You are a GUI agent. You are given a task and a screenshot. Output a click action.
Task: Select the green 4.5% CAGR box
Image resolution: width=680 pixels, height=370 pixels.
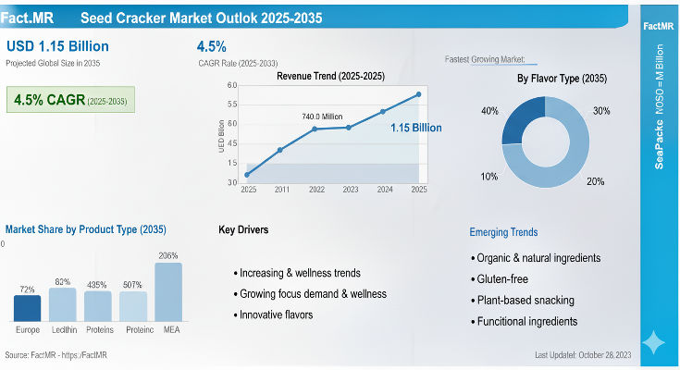(70, 100)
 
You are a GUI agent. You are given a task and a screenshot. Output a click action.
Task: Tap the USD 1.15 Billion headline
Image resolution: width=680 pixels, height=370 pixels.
(57, 46)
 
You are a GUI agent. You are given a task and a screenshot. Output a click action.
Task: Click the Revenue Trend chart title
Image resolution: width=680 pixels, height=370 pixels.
(330, 76)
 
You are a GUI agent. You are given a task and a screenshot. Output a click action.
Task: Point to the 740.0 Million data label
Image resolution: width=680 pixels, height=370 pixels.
(321, 117)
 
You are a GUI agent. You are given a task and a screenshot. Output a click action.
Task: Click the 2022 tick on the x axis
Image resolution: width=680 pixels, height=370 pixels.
(316, 189)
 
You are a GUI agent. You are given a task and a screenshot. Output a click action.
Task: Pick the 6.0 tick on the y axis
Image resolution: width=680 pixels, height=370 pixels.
(232, 85)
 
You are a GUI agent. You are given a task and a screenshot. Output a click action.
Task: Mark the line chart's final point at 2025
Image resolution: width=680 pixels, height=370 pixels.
(418, 94)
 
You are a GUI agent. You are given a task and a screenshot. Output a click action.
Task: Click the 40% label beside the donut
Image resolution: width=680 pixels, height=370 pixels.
(489, 112)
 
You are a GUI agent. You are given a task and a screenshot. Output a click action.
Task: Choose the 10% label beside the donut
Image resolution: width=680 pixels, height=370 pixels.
(489, 176)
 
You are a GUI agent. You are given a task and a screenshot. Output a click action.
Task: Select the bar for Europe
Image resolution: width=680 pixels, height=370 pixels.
(28, 307)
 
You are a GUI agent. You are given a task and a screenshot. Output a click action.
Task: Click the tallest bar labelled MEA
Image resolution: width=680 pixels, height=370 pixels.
(168, 291)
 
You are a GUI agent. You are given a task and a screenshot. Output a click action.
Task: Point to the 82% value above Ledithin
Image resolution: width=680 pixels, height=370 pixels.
(63, 281)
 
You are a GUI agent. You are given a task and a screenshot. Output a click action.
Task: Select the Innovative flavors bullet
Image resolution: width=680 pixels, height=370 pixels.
(277, 314)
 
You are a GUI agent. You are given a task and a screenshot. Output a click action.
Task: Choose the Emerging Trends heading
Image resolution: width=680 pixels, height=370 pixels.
(503, 232)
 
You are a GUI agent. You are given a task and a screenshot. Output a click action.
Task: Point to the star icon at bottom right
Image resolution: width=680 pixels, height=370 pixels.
(653, 342)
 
